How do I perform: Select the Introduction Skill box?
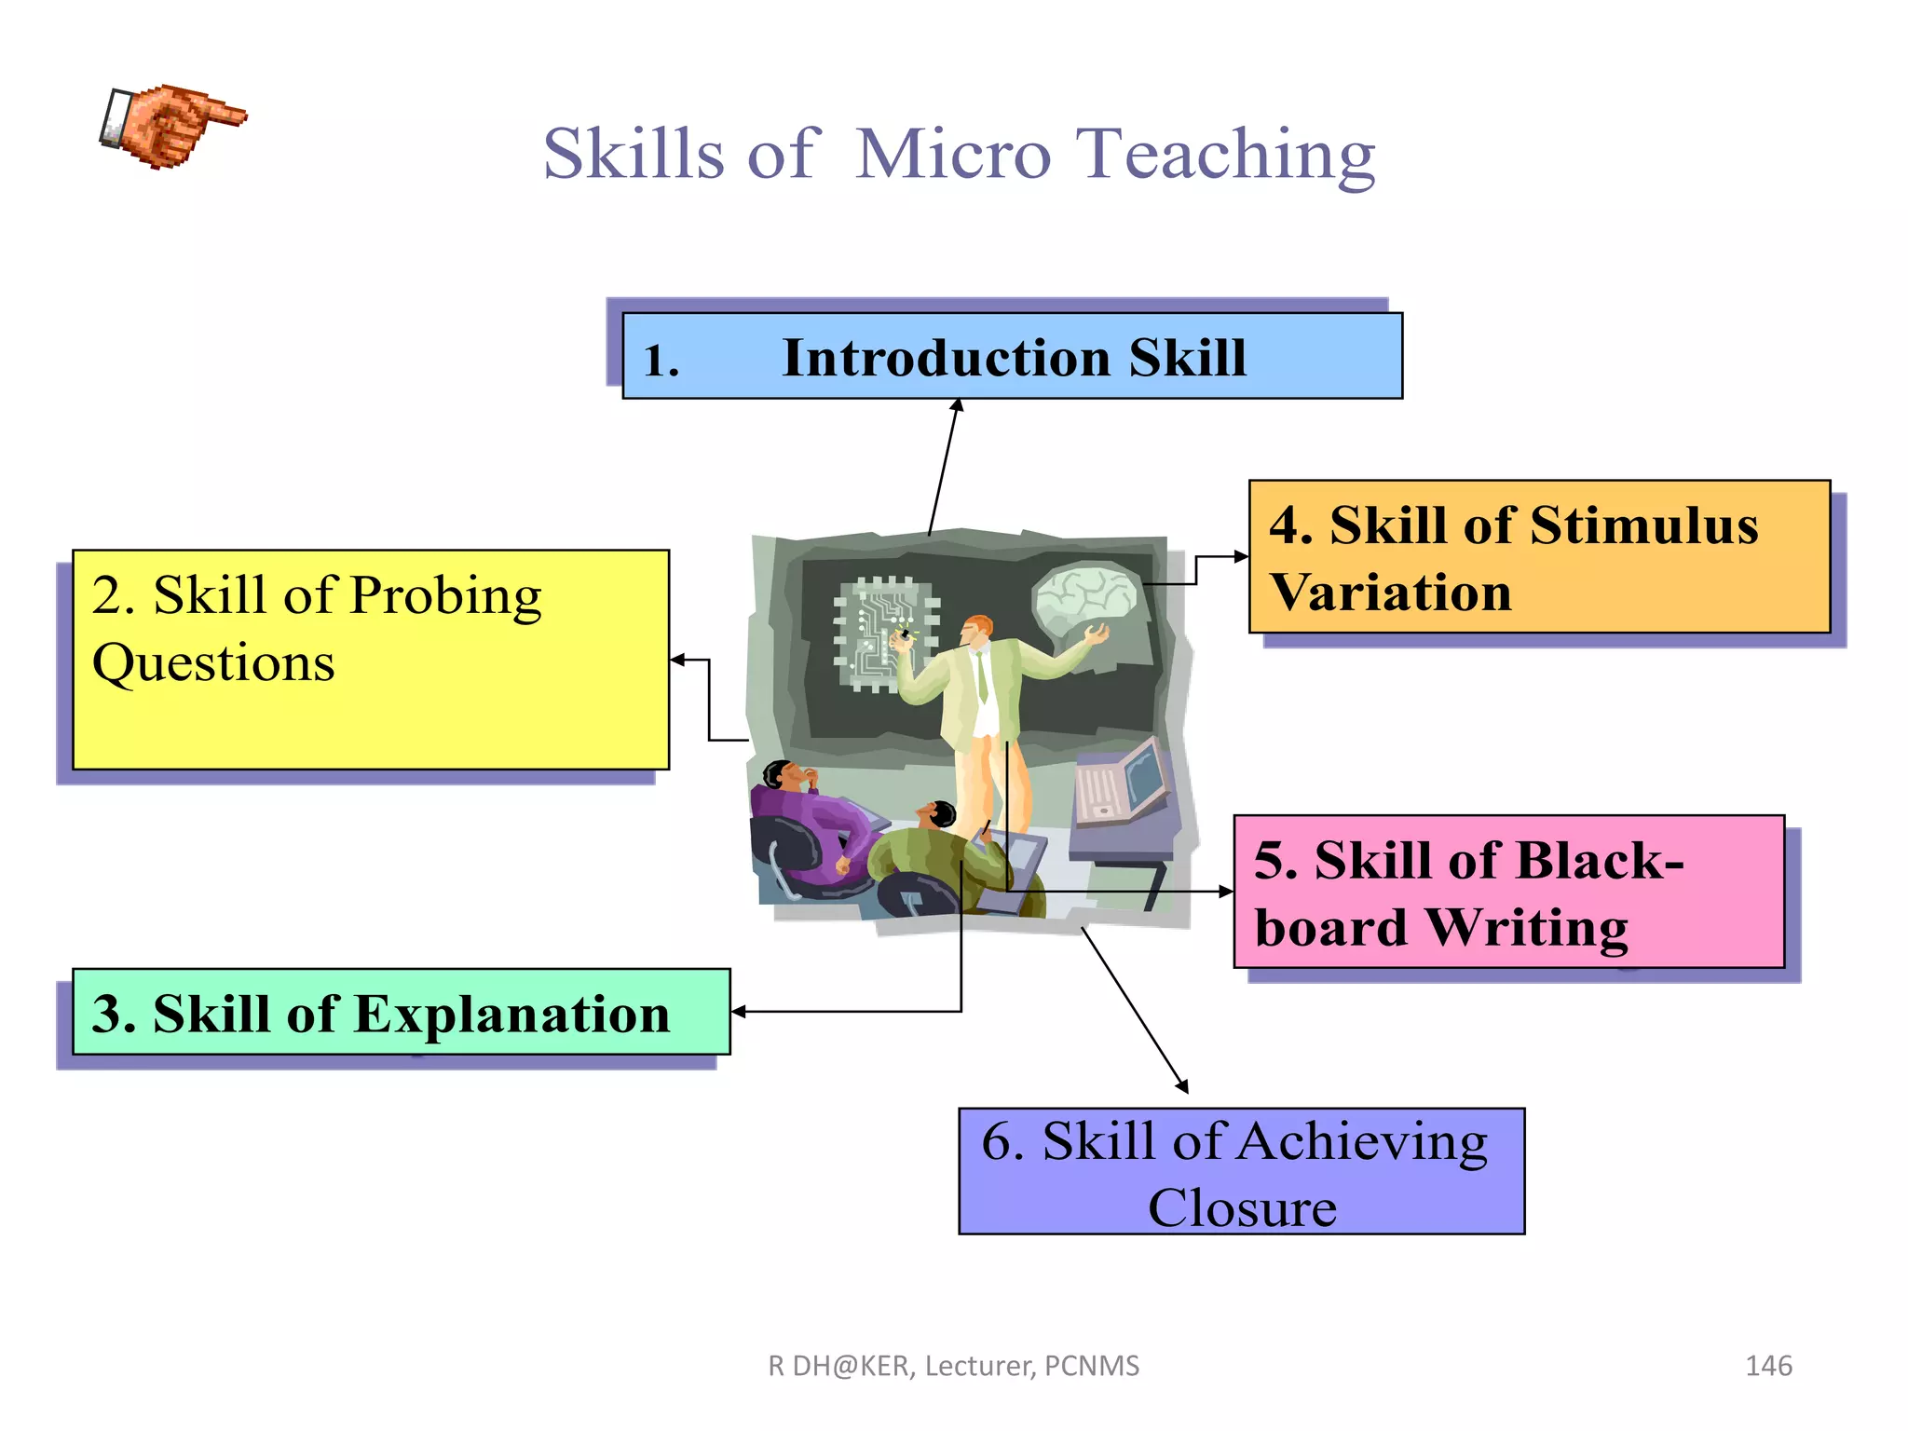point(1012,357)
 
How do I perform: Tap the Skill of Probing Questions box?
point(371,660)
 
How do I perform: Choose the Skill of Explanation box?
point(401,1013)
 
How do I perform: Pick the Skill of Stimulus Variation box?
point(1539,557)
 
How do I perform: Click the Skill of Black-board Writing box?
point(1508,893)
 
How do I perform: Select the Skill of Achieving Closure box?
point(1241,1172)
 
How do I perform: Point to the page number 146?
point(1767,1366)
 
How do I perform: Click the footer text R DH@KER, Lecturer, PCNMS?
point(953,1366)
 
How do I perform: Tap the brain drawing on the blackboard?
point(1085,596)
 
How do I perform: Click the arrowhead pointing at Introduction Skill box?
point(957,406)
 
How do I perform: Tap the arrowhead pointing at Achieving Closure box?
point(1182,1086)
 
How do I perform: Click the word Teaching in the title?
point(1225,156)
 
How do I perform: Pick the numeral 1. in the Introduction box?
point(661,361)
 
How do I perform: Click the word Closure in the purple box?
point(1242,1208)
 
